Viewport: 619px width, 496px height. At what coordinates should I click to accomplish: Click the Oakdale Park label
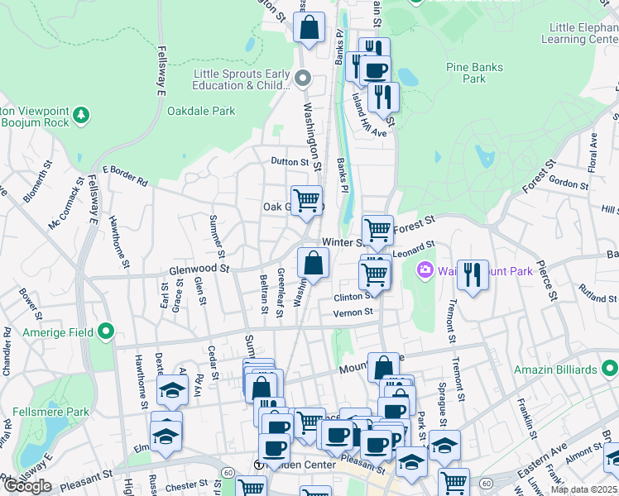[201, 111]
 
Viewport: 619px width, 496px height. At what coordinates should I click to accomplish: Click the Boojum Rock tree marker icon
[81, 113]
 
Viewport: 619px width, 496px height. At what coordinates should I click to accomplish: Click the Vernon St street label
[353, 312]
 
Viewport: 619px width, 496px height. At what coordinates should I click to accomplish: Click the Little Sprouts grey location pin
[303, 79]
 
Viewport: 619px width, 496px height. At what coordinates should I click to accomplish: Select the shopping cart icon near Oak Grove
[306, 200]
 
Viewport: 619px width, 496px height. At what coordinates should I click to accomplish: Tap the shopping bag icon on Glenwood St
[314, 264]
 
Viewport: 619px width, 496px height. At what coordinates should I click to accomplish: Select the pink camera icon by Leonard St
[425, 270]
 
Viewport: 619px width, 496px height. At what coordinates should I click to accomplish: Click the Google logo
[27, 486]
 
